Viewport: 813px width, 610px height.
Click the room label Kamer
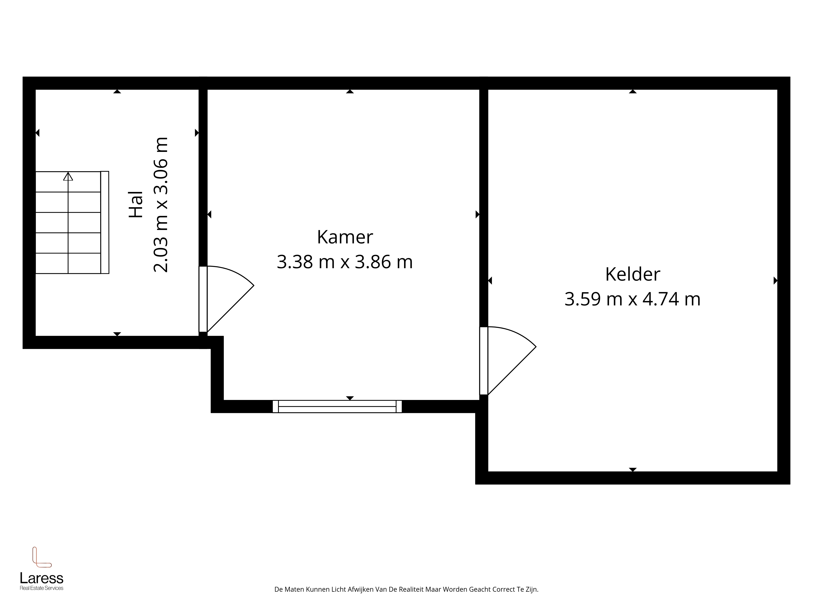pyautogui.click(x=345, y=237)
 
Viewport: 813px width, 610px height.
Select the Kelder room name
pyautogui.click(x=633, y=274)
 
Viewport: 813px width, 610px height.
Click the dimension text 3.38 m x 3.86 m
pyautogui.click(x=345, y=262)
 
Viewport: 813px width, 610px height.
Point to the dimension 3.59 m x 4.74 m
pyautogui.click(x=633, y=299)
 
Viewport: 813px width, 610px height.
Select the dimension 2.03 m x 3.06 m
pyautogui.click(x=161, y=204)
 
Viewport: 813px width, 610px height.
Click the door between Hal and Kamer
pyautogui.click(x=226, y=299)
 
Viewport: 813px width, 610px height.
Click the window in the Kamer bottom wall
pyautogui.click(x=337, y=406)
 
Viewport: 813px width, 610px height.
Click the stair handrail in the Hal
pyautogui.click(x=105, y=222)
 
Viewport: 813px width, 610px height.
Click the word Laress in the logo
pyautogui.click(x=41, y=578)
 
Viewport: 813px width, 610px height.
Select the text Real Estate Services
pyautogui.click(x=41, y=588)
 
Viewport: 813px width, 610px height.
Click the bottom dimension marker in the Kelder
pyautogui.click(x=633, y=469)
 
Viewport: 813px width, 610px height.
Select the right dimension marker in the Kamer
pyautogui.click(x=477, y=214)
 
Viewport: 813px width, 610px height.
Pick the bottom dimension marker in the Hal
pyautogui.click(x=117, y=334)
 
